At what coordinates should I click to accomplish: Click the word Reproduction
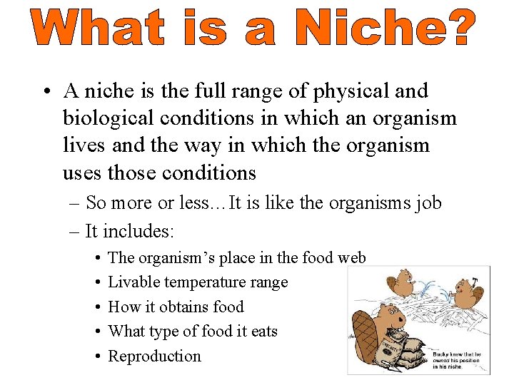pos(154,356)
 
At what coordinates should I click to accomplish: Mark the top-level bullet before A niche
pos(45,92)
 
